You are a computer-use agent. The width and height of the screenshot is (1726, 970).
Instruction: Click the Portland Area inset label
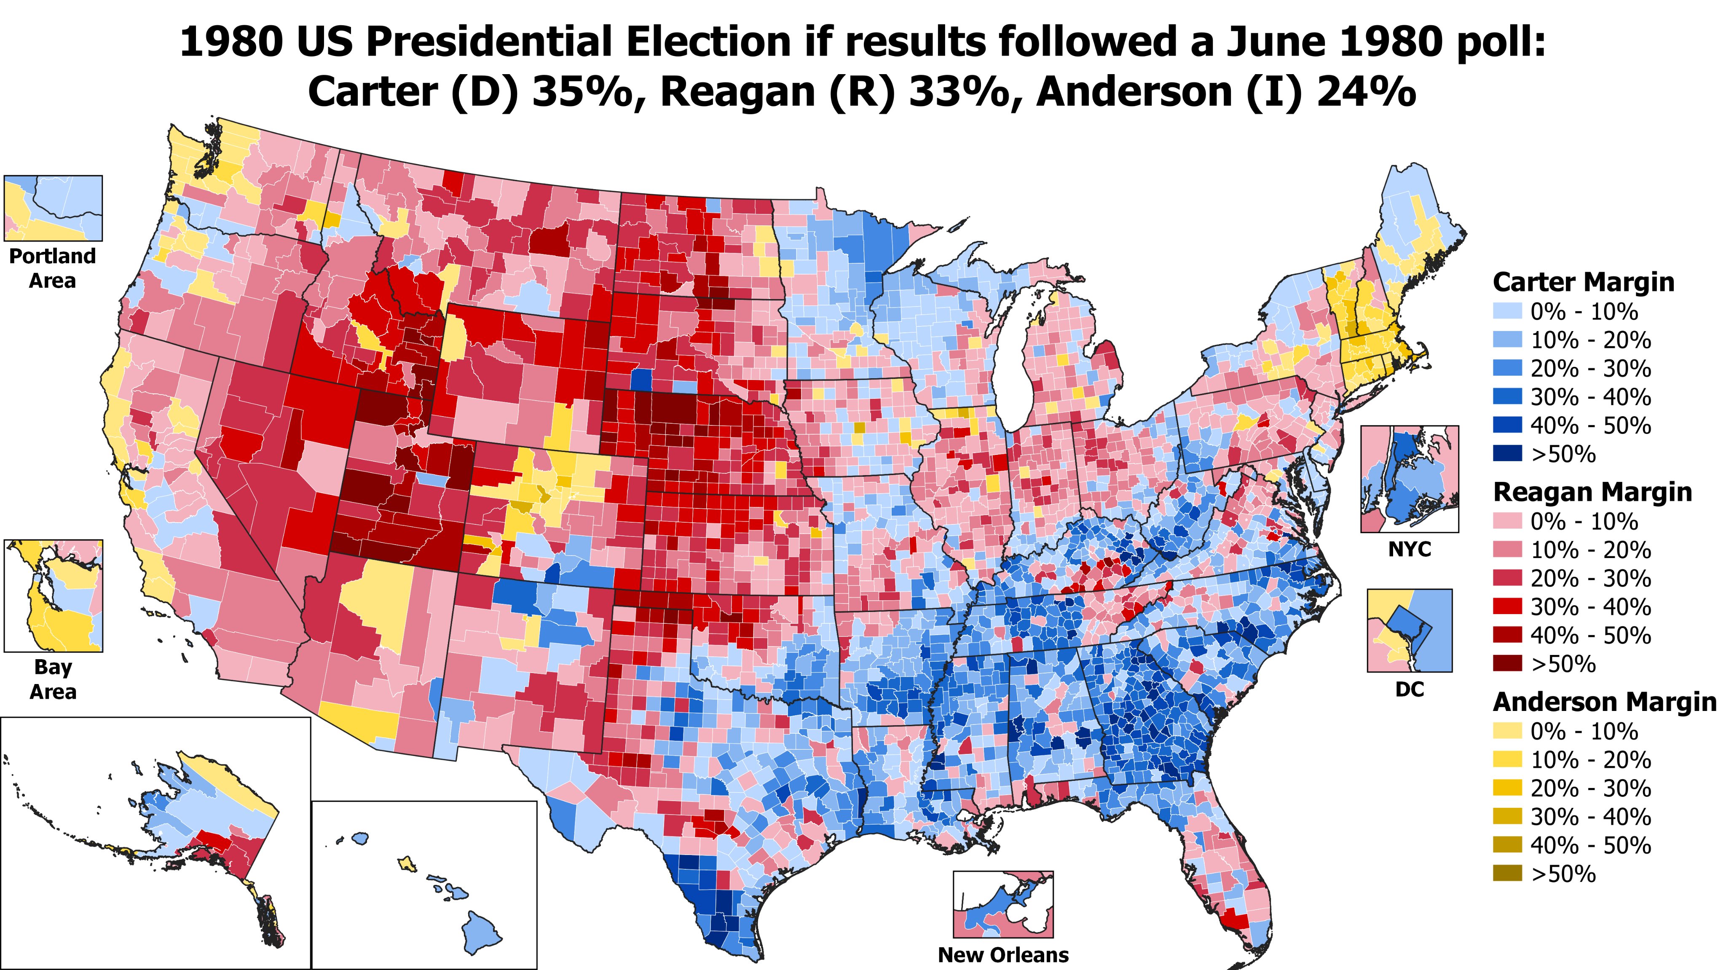coord(52,268)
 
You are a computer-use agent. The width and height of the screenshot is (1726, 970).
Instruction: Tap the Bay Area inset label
coord(53,679)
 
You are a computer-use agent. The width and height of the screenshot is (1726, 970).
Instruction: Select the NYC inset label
coord(1409,549)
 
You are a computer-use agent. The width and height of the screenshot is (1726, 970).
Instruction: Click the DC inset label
coord(1409,689)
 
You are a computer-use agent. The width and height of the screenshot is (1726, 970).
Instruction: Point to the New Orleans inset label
coord(1003,954)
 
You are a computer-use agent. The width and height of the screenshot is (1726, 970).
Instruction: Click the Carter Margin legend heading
coord(1583,282)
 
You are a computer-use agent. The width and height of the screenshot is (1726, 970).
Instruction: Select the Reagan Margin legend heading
coord(1592,492)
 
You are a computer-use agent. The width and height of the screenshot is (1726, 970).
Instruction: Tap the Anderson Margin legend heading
coord(1605,702)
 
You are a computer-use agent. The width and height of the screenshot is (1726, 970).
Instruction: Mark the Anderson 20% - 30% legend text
coord(1590,788)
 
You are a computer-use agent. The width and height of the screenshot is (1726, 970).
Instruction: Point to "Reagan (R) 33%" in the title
coord(835,92)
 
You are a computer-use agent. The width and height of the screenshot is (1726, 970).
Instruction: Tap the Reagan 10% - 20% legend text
coord(1590,550)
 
